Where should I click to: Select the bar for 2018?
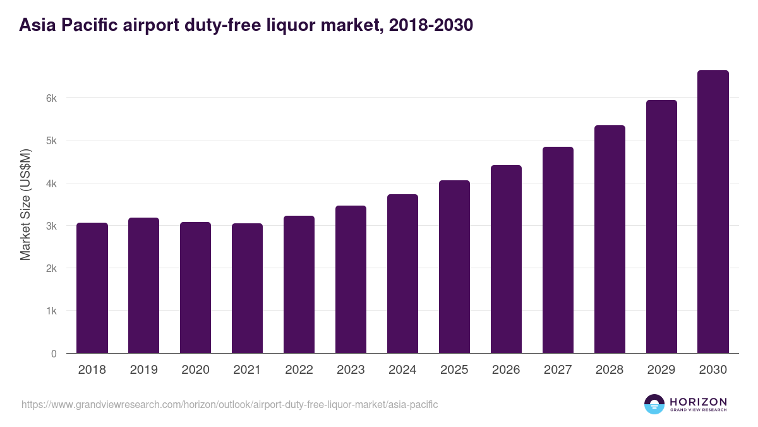[92, 288]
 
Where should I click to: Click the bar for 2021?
[247, 288]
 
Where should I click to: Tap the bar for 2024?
[402, 274]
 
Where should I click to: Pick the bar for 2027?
[558, 250]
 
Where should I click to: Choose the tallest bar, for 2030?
[713, 212]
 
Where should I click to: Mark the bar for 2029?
[661, 226]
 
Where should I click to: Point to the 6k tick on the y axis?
[51, 98]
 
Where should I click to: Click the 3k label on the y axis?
[51, 226]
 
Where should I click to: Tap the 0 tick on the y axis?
[54, 354]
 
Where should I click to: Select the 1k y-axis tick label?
[51, 311]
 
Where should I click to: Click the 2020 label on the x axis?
[195, 370]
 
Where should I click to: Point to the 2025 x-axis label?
[454, 370]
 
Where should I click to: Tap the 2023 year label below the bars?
[351, 370]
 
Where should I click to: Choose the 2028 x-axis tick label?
[610, 370]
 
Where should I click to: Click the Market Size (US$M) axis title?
[25, 204]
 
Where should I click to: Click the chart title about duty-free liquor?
[246, 25]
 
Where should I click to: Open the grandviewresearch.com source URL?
[229, 404]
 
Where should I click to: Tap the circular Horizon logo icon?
[654, 404]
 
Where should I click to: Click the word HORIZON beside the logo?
[698, 402]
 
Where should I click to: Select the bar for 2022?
[299, 285]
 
